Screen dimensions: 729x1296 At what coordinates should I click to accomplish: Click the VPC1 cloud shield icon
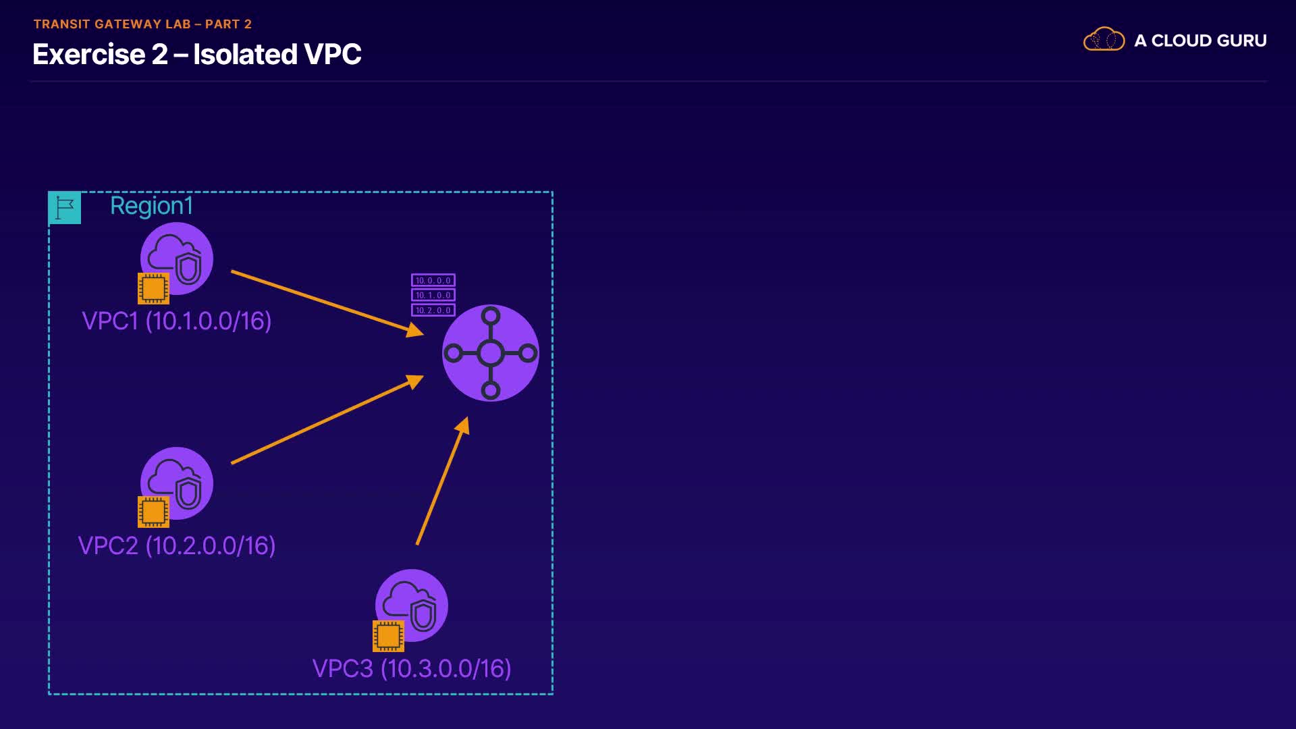click(x=177, y=258)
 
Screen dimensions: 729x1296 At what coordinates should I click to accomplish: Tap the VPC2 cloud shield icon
click(x=177, y=483)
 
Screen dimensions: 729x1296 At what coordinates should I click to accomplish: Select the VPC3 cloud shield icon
click(x=412, y=605)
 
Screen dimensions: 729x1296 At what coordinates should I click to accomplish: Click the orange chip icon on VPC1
click(x=153, y=289)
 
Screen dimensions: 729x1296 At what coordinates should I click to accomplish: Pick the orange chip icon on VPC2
click(x=153, y=512)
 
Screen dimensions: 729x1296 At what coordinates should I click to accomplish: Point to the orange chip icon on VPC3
click(x=388, y=636)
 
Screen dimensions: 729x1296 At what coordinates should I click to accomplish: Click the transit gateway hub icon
click(x=491, y=353)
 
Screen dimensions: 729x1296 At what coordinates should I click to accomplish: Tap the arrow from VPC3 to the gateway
click(x=443, y=481)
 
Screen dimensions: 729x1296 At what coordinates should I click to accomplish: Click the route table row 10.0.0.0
click(x=433, y=280)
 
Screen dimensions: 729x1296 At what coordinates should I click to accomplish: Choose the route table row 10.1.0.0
click(x=433, y=295)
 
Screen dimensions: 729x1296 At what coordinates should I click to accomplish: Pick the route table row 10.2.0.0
click(x=433, y=310)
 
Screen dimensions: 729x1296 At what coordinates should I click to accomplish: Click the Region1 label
click(x=151, y=206)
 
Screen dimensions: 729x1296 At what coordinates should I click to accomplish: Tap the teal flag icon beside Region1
click(x=65, y=208)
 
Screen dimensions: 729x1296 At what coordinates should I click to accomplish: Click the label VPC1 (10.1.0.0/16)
click(x=177, y=321)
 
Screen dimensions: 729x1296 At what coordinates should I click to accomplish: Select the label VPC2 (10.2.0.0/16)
click(x=177, y=546)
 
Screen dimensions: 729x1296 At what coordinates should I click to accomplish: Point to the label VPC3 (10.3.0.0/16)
click(x=412, y=669)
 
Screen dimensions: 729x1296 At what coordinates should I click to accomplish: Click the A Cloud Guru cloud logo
click(x=1104, y=40)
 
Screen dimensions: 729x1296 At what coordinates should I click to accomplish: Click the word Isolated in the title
click(x=245, y=55)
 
